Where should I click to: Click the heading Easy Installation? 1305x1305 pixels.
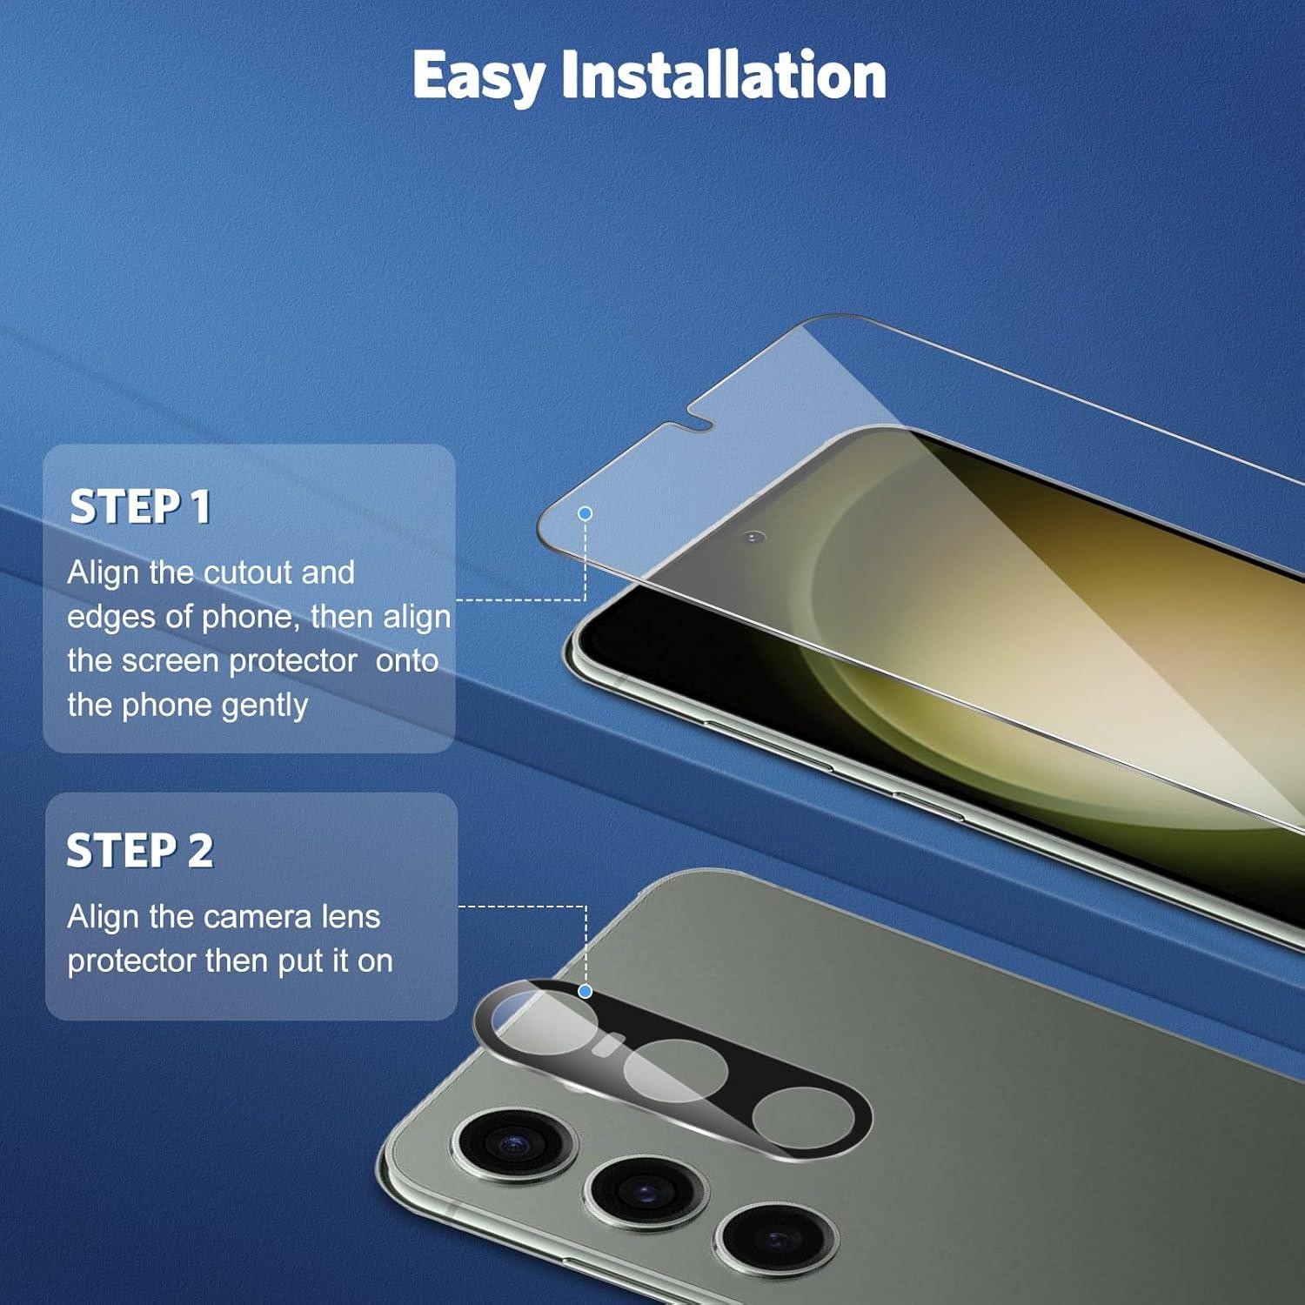pos(649,77)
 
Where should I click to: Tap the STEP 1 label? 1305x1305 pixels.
pos(140,506)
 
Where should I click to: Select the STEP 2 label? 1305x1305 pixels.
pos(140,850)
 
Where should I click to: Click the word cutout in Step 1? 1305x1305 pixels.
pos(247,572)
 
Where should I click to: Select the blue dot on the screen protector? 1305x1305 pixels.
pos(585,513)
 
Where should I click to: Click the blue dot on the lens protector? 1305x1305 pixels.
pos(585,991)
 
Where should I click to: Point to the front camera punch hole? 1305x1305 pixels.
pos(754,538)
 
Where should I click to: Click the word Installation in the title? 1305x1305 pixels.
pos(724,75)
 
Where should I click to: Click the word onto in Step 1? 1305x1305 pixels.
pos(407,661)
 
